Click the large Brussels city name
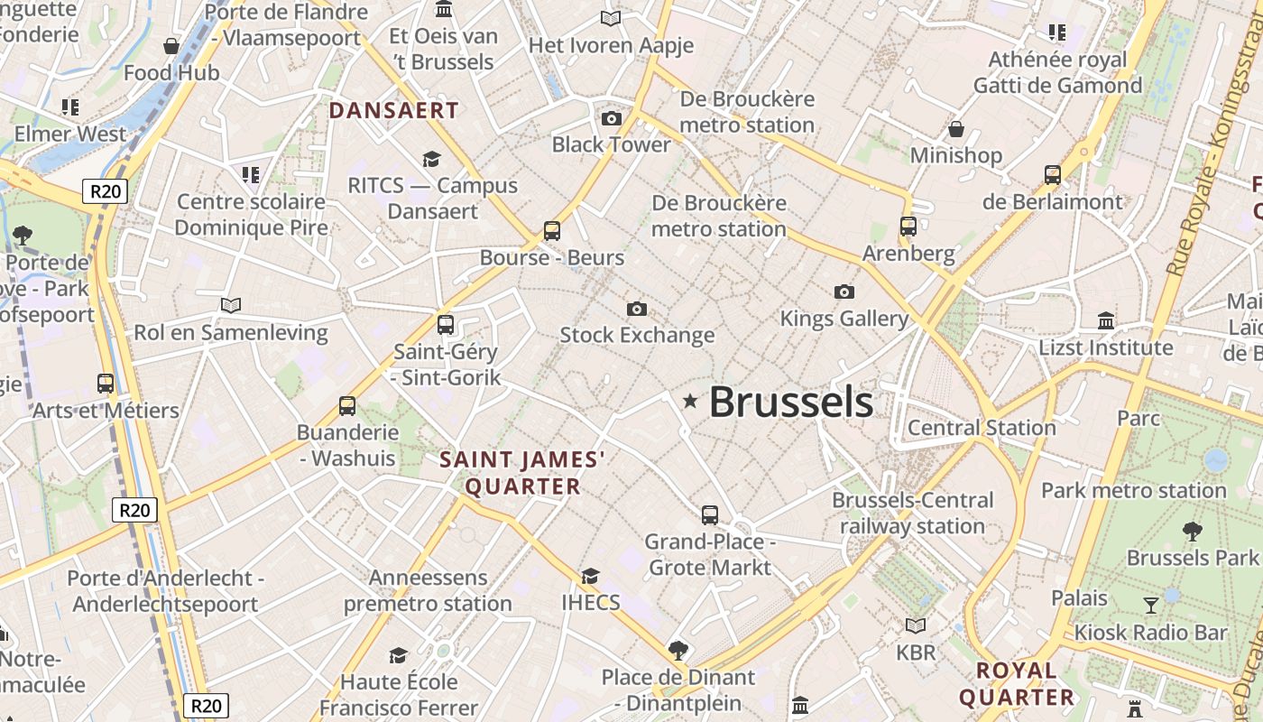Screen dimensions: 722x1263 tap(790, 403)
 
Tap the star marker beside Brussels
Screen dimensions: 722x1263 tap(691, 400)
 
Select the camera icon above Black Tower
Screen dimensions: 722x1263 tap(612, 118)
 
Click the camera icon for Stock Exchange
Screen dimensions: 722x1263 tap(637, 310)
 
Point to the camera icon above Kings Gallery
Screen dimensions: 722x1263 tap(844, 292)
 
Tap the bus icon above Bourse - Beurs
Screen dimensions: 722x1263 tap(552, 231)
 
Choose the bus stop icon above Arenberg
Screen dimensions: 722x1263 tap(908, 227)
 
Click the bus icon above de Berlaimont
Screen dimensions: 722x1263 tap(1053, 175)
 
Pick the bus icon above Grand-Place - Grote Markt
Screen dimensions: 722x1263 tap(710, 515)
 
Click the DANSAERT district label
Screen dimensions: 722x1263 tap(394, 111)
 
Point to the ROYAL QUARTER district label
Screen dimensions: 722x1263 tap(1017, 683)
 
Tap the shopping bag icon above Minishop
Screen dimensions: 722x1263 tap(956, 130)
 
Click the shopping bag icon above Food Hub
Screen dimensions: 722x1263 tap(171, 46)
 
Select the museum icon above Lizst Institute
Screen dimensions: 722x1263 tap(1106, 321)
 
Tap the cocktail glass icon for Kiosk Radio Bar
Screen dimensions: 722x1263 tap(1151, 606)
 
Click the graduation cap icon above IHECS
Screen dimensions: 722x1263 tap(590, 576)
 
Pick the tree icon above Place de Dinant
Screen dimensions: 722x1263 tap(678, 650)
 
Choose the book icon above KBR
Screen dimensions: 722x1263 tap(916, 625)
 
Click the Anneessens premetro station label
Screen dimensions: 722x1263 tap(428, 590)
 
